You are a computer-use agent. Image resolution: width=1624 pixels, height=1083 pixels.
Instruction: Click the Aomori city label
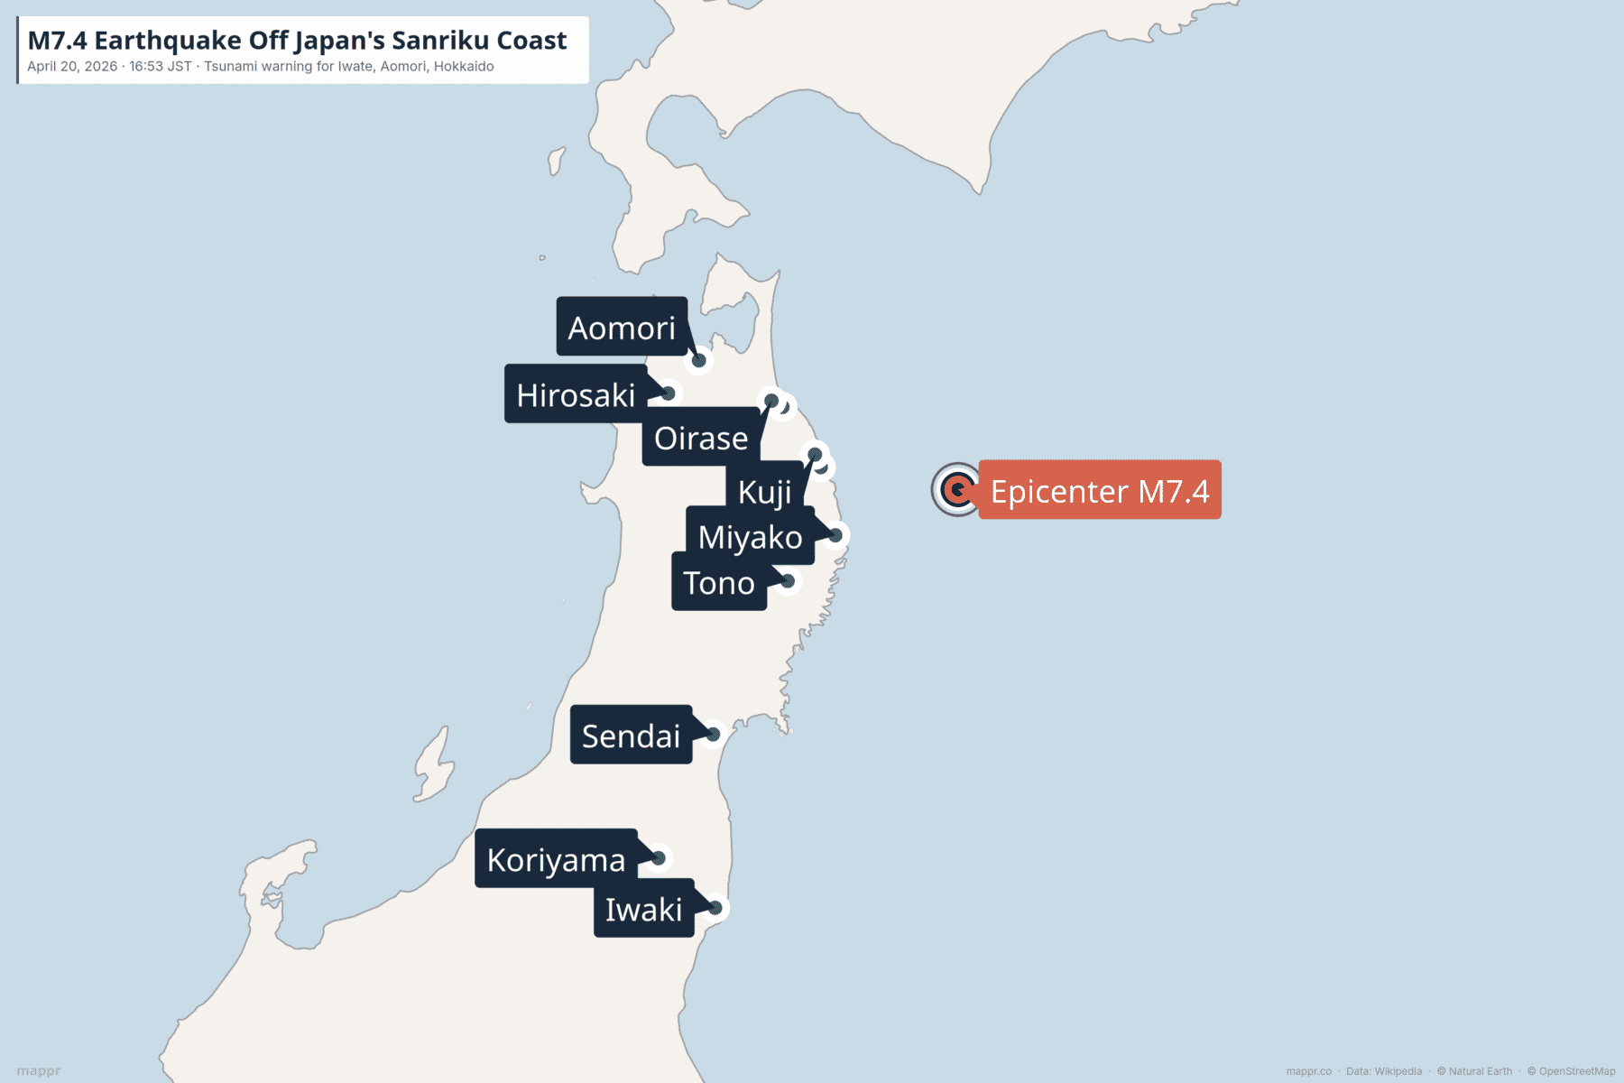pyautogui.click(x=622, y=327)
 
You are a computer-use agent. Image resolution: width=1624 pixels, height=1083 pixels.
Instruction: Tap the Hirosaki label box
pyautogui.click(x=576, y=394)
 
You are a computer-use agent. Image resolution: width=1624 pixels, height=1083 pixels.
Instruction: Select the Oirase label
pyautogui.click(x=701, y=438)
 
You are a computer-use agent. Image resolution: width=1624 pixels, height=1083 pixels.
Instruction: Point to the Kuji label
pyautogui.click(x=764, y=492)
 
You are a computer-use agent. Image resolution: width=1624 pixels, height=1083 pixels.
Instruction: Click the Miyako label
pyautogui.click(x=750, y=537)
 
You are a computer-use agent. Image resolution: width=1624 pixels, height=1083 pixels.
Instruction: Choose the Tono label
pyautogui.click(x=719, y=583)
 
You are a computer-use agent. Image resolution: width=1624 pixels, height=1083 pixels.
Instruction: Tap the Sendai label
pyautogui.click(x=631, y=736)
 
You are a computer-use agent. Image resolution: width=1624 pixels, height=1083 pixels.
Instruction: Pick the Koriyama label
pyautogui.click(x=556, y=859)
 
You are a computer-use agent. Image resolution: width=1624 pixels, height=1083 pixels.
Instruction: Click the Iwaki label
pyautogui.click(x=643, y=909)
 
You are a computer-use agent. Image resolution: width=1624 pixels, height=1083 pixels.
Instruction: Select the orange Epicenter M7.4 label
pyautogui.click(x=1099, y=490)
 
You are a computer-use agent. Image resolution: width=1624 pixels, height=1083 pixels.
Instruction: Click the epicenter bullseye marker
pyautogui.click(x=956, y=490)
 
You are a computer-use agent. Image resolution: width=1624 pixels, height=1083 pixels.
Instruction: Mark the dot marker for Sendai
pyautogui.click(x=713, y=735)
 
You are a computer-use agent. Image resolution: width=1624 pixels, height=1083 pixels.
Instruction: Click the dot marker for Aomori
pyautogui.click(x=699, y=361)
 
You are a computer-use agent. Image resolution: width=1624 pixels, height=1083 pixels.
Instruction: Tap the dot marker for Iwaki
pyautogui.click(x=715, y=907)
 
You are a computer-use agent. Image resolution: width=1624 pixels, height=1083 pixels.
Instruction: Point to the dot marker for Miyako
pyautogui.click(x=835, y=535)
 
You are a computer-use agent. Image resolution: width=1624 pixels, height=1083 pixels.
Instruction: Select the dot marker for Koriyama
pyautogui.click(x=659, y=857)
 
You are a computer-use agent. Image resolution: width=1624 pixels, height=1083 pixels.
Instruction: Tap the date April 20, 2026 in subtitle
pyautogui.click(x=72, y=67)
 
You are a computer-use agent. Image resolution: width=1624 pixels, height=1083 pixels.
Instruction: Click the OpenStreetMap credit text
pyautogui.click(x=1576, y=1071)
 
